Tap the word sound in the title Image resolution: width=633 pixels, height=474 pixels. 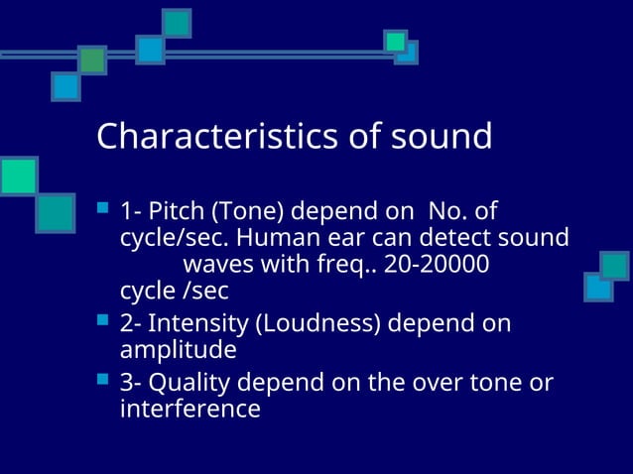443,137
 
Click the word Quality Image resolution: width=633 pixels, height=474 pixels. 187,382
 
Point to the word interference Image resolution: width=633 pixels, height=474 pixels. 190,409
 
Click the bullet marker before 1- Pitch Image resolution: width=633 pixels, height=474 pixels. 102,210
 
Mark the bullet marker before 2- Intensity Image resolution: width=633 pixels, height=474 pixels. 102,321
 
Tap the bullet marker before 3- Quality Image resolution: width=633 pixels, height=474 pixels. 102,380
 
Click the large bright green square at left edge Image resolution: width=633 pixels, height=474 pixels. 18,176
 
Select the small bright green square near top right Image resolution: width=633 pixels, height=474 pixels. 396,41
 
